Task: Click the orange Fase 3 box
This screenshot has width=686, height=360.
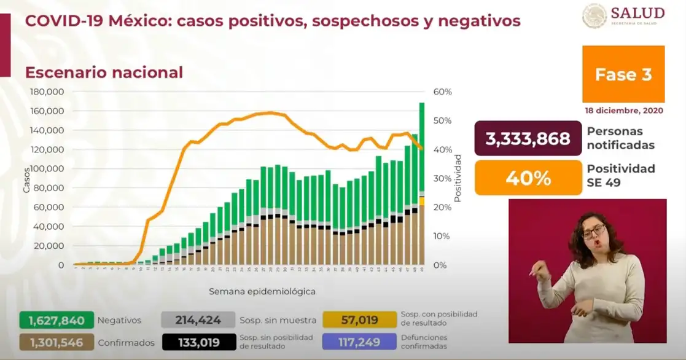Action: (x=623, y=74)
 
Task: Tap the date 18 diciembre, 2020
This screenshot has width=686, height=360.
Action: (x=625, y=110)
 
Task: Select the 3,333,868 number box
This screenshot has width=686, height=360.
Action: (x=528, y=139)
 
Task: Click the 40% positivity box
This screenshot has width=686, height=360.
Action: (x=528, y=178)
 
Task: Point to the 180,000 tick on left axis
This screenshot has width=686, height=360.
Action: (x=47, y=92)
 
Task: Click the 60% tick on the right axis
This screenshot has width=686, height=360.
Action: (x=442, y=92)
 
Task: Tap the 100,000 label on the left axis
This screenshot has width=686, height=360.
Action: (x=47, y=169)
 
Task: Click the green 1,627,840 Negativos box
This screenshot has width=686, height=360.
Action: (x=57, y=320)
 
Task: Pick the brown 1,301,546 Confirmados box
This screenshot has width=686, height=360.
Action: (x=57, y=342)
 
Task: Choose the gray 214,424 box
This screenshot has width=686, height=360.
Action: (x=198, y=320)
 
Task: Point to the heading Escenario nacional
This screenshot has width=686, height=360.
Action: (x=104, y=72)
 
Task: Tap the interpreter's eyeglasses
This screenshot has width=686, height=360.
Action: (x=593, y=232)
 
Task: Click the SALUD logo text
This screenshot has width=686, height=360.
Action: (x=637, y=14)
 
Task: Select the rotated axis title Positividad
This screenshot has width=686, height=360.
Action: (x=458, y=179)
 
